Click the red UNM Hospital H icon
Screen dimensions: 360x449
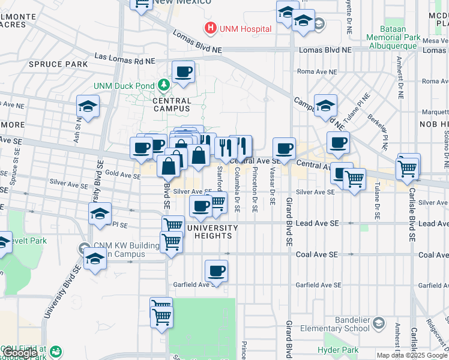(210, 28)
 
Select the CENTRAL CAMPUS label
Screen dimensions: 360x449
(163, 105)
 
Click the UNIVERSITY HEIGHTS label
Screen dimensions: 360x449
(212, 232)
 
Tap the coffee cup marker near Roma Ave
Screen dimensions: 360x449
(183, 72)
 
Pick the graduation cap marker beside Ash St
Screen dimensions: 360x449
(88, 107)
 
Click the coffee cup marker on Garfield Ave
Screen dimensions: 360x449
(216, 270)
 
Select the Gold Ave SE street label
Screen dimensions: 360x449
(123, 174)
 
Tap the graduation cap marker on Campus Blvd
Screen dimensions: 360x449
(325, 106)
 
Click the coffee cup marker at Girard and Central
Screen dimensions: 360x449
(284, 148)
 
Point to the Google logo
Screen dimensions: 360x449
(20, 353)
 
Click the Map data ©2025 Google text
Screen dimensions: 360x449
(411, 355)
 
